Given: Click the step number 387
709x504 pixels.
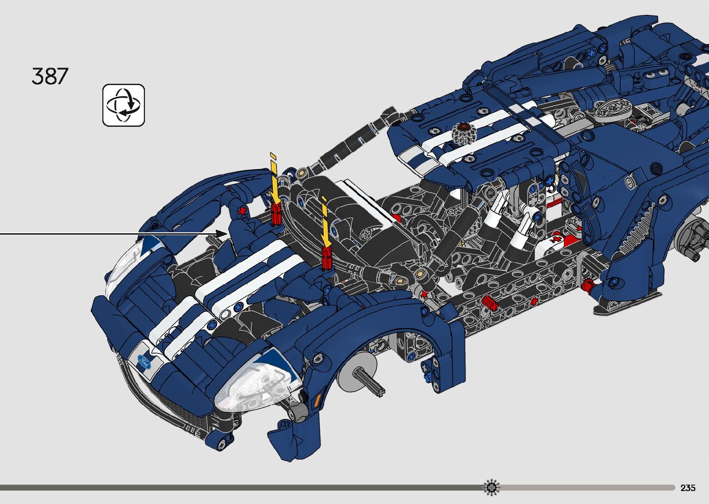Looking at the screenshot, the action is (x=50, y=76).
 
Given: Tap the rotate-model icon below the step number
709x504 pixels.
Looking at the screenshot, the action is (x=124, y=105).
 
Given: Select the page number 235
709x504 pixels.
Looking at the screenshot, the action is (x=688, y=487).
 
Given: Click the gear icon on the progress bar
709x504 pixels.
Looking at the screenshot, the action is (x=491, y=487).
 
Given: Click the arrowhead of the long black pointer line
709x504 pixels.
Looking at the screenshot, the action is (x=222, y=234).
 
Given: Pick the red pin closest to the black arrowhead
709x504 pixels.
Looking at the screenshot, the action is (x=276, y=214).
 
